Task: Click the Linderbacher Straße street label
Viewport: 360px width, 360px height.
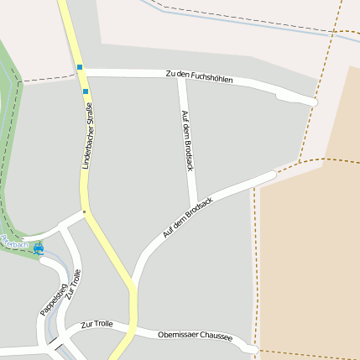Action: click(86, 135)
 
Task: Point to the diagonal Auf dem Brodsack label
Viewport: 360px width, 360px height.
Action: click(188, 218)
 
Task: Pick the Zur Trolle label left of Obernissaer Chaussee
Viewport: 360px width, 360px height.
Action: click(97, 324)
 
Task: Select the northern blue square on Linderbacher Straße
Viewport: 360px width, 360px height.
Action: click(80, 66)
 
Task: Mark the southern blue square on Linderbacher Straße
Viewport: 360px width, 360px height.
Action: click(85, 91)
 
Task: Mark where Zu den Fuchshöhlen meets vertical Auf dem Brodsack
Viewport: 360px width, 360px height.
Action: click(181, 79)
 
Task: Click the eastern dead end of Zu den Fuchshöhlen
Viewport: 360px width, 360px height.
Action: click(314, 102)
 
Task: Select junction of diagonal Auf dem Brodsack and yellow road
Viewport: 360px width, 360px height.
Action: click(133, 286)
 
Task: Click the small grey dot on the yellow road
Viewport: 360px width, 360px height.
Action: click(84, 211)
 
